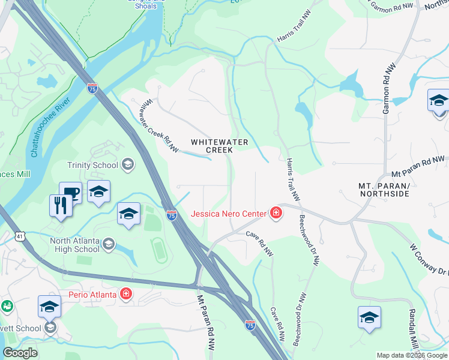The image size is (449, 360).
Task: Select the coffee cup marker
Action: pos(70,192)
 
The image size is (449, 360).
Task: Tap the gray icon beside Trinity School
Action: pos(127,164)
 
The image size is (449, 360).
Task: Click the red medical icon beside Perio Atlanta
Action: pos(126,294)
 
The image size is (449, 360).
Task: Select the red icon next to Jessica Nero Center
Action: pos(276,213)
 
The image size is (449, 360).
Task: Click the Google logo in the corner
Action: pos(20,353)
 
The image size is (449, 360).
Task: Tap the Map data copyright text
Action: pos(411,355)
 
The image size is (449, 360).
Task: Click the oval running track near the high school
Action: pos(159,250)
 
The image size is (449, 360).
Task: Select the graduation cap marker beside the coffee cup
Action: pos(98,192)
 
